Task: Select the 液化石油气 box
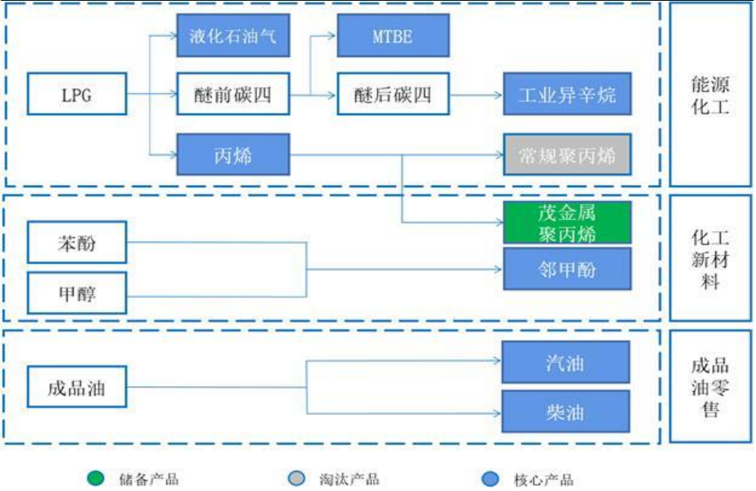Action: pyautogui.click(x=233, y=35)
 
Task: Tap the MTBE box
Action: pyautogui.click(x=392, y=35)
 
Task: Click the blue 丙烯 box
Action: pyautogui.click(x=233, y=156)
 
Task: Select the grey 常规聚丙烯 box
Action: pyautogui.click(x=566, y=156)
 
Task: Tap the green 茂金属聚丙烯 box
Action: pyautogui.click(x=566, y=222)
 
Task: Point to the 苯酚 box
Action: pyautogui.click(x=76, y=243)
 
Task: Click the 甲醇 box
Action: pyautogui.click(x=76, y=292)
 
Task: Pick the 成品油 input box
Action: pyautogui.click(x=76, y=387)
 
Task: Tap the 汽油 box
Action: pyautogui.click(x=566, y=362)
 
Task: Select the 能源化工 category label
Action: pyautogui.click(x=710, y=94)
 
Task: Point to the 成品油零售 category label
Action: pyautogui.click(x=710, y=387)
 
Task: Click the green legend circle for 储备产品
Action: pyautogui.click(x=94, y=479)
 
